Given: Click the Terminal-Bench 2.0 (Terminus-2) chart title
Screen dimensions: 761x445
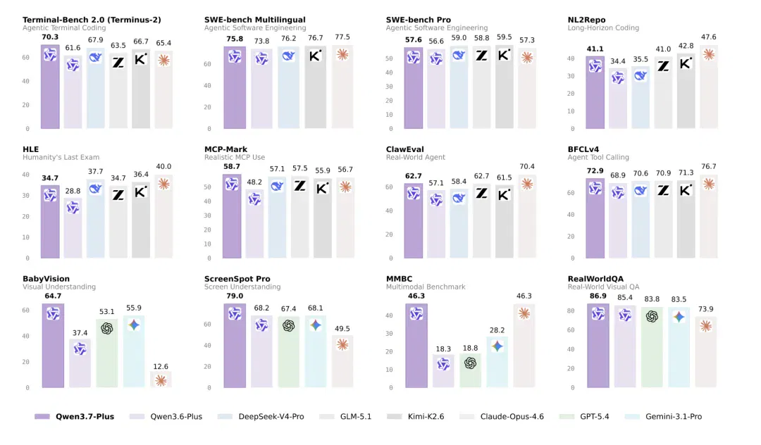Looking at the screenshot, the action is pyautogui.click(x=92, y=20).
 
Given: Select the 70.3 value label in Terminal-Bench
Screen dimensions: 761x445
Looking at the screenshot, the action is pyautogui.click(x=50, y=37).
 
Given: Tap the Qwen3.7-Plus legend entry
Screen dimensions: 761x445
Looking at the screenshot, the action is pyautogui.click(x=74, y=416).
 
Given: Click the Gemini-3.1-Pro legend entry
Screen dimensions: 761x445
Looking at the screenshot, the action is pyautogui.click(x=664, y=416).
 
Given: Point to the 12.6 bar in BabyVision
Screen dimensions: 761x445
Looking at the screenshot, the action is pyautogui.click(x=161, y=380).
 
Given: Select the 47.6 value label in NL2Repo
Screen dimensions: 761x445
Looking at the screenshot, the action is pyautogui.click(x=709, y=37).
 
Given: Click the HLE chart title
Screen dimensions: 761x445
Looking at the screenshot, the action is pyautogui.click(x=30, y=149).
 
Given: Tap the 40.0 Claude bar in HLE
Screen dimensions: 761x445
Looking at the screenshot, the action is pyautogui.click(x=163, y=217).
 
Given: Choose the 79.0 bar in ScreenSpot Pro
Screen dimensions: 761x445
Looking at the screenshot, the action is pyautogui.click(x=235, y=346).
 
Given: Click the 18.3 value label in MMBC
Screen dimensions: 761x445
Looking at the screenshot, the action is pyautogui.click(x=443, y=349).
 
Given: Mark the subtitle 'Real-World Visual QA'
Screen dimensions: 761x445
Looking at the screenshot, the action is pyautogui.click(x=603, y=287).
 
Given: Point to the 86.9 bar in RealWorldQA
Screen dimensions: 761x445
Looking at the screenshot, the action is pyautogui.click(x=598, y=346).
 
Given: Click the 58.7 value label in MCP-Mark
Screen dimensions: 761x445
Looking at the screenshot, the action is pyautogui.click(x=232, y=166).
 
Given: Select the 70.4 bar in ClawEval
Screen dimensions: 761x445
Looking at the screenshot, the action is pyautogui.click(x=526, y=217).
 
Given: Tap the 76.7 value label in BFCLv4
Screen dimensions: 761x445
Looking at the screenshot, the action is pyautogui.click(x=709, y=166).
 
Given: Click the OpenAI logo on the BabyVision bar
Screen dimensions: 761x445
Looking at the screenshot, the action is pyautogui.click(x=107, y=329).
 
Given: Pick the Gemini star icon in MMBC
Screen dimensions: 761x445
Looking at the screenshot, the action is pyautogui.click(x=497, y=346).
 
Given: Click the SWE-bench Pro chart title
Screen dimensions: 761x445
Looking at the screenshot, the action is pyautogui.click(x=419, y=20).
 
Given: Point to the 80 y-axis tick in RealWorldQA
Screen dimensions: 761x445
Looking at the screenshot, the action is pyautogui.click(x=571, y=311).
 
